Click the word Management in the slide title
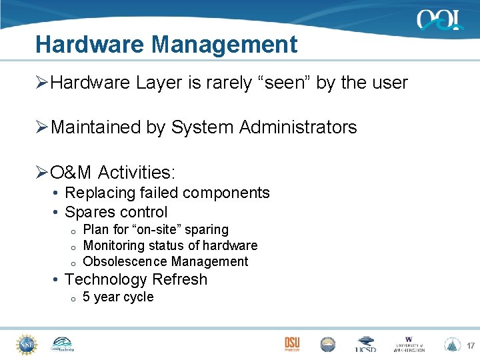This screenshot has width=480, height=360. [224, 45]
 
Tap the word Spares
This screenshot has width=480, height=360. [88, 212]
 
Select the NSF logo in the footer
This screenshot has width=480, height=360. [26, 344]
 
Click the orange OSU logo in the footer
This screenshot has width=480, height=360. [292, 343]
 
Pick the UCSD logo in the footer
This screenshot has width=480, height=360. [365, 345]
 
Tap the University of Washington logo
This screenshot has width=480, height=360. [409, 344]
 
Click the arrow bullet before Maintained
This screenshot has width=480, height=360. [42, 127]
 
